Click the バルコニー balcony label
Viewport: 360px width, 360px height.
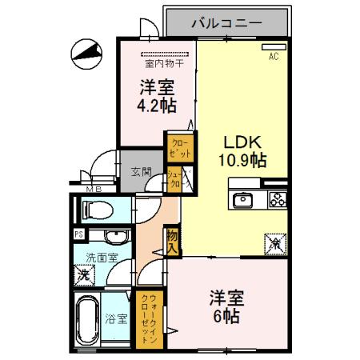pyautogui.click(x=226, y=23)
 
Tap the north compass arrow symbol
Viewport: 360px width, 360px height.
pyautogui.click(x=86, y=54)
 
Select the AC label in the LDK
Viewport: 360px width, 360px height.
pyautogui.click(x=274, y=56)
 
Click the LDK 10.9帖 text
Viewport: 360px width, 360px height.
pyautogui.click(x=244, y=150)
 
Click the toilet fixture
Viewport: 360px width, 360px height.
pyautogui.click(x=95, y=210)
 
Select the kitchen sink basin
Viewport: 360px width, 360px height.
pyautogui.click(x=242, y=199)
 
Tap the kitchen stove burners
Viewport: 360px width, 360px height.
pyautogui.click(x=277, y=199)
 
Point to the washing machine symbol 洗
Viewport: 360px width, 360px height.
pyautogui.click(x=84, y=275)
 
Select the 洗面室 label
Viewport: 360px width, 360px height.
pyautogui.click(x=102, y=258)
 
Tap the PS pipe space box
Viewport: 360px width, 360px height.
pyautogui.click(x=78, y=234)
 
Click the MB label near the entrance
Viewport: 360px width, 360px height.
pyautogui.click(x=94, y=189)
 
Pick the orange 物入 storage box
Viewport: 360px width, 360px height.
pyautogui.click(x=172, y=241)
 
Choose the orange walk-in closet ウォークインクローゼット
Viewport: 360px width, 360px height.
pyautogui.click(x=149, y=319)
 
